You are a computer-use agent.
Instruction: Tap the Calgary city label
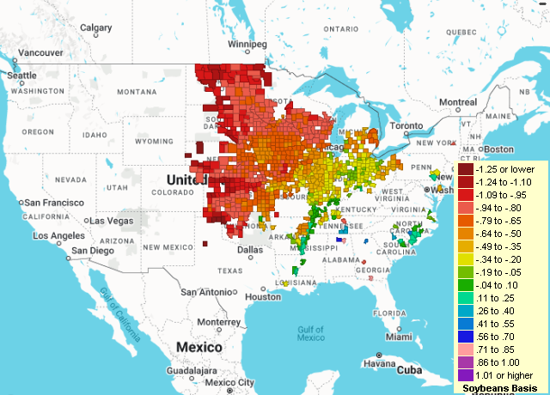(95, 27)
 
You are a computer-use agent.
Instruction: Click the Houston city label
(262, 296)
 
